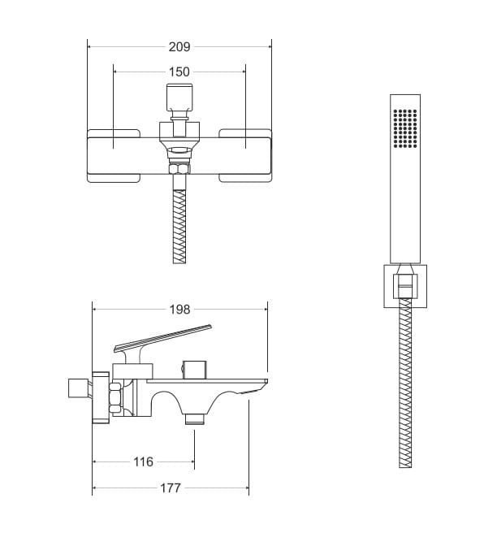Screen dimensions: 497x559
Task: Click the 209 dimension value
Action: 179,46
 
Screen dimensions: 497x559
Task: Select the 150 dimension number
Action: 179,72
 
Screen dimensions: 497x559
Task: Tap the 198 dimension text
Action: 179,309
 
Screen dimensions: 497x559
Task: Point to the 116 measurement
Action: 143,461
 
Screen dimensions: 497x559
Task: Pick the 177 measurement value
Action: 171,487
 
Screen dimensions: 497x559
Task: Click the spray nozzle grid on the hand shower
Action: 405,128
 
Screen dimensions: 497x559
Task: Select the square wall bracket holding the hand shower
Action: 405,286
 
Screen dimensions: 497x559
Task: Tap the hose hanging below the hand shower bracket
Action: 405,383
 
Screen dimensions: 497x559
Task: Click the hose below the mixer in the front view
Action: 179,227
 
